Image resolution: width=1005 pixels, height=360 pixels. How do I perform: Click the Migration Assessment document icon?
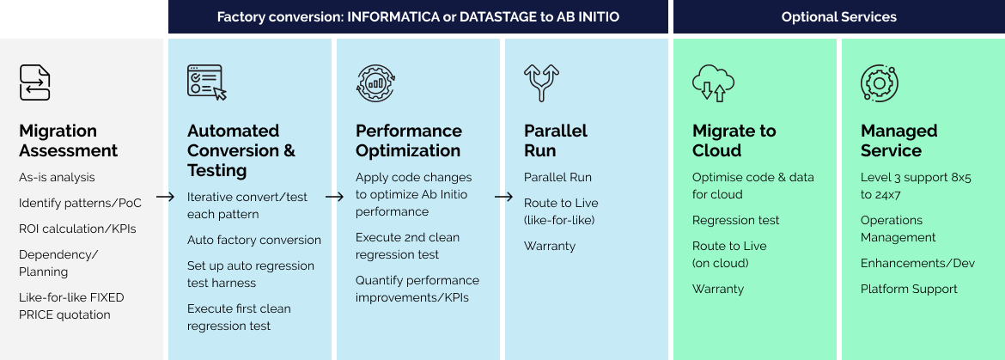35,83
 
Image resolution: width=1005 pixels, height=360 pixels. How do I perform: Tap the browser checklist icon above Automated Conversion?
206,83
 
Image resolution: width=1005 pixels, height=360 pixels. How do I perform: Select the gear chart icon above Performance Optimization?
375,83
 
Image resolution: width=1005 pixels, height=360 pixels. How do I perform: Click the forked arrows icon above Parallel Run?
541,83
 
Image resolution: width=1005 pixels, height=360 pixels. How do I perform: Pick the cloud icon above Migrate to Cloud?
713,83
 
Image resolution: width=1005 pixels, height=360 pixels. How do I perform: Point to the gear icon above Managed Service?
879,83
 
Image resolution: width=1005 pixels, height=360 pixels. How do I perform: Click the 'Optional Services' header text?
838,17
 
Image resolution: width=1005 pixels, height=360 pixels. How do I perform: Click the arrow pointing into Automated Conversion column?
162,197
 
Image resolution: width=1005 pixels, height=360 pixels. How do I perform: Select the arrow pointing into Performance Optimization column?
332,197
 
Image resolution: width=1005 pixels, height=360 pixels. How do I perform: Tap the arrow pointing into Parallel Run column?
501,197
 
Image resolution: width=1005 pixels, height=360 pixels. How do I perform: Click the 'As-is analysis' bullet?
57,177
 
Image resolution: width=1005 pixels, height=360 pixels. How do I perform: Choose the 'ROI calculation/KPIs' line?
77,229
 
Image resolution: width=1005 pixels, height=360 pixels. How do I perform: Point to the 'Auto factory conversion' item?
254,240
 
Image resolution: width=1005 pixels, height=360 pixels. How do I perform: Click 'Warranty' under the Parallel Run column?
550,246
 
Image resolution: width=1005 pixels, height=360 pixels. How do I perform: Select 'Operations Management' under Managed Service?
898,229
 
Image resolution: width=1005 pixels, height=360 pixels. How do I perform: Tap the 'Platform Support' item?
909,289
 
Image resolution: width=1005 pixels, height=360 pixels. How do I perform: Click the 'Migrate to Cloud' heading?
734,141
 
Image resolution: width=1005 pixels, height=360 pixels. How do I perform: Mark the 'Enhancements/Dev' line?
917,263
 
